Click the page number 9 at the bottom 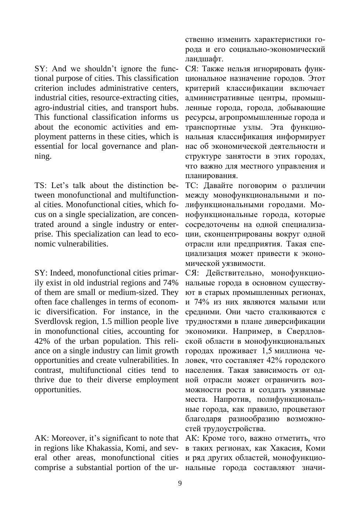point(180,483)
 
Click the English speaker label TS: point(41,185)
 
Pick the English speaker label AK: point(42,438)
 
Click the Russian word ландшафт point(204,59)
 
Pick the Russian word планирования point(211,176)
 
